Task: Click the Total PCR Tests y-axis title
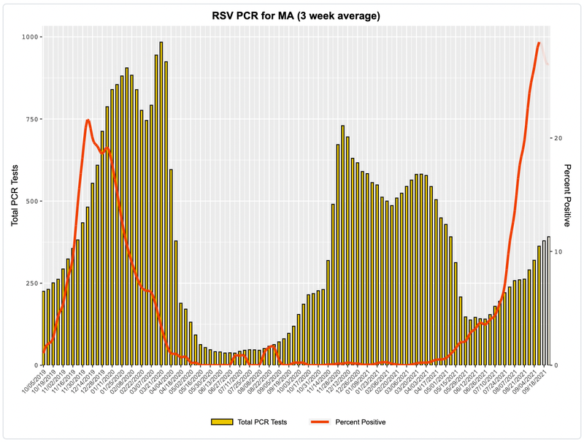pos(14,201)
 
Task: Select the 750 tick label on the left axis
pos(31,119)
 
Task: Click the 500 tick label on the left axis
pos(31,201)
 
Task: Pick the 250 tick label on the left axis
pos(31,283)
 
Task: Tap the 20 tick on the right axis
pos(557,138)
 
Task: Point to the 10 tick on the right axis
pos(557,251)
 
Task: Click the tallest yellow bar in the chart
pos(161,205)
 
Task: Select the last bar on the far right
pos(548,301)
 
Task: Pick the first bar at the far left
pos(44,329)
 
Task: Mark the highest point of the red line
pos(539,43)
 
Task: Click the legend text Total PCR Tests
pos(262,422)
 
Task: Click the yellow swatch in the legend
pos(222,422)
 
